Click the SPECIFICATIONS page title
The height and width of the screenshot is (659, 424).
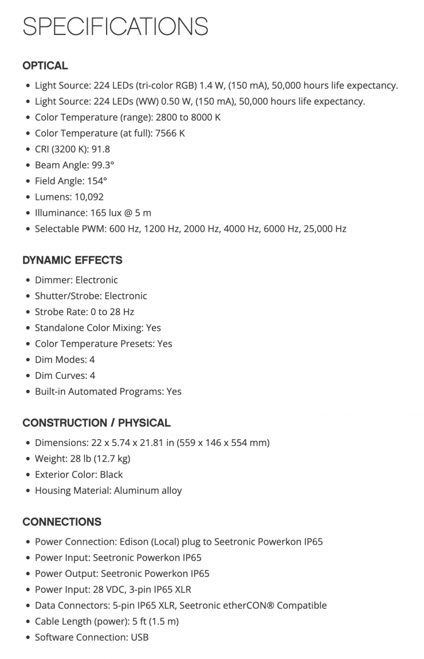(115, 26)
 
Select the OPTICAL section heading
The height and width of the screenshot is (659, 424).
(45, 65)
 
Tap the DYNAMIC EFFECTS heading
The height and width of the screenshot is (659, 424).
(72, 260)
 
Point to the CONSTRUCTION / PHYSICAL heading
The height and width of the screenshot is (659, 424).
(96, 423)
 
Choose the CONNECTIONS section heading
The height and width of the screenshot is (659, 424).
(62, 522)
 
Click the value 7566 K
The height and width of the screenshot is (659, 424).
(170, 133)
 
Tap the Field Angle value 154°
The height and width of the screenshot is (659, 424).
(96, 181)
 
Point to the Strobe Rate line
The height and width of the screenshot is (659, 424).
(84, 312)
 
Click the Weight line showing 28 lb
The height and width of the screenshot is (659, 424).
(83, 459)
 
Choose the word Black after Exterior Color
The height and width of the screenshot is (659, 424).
(111, 475)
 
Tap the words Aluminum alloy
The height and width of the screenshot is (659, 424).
(148, 491)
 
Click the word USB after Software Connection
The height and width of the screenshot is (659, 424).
(140, 637)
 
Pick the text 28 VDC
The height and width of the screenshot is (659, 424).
(110, 590)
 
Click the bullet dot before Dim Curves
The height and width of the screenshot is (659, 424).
(29, 376)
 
